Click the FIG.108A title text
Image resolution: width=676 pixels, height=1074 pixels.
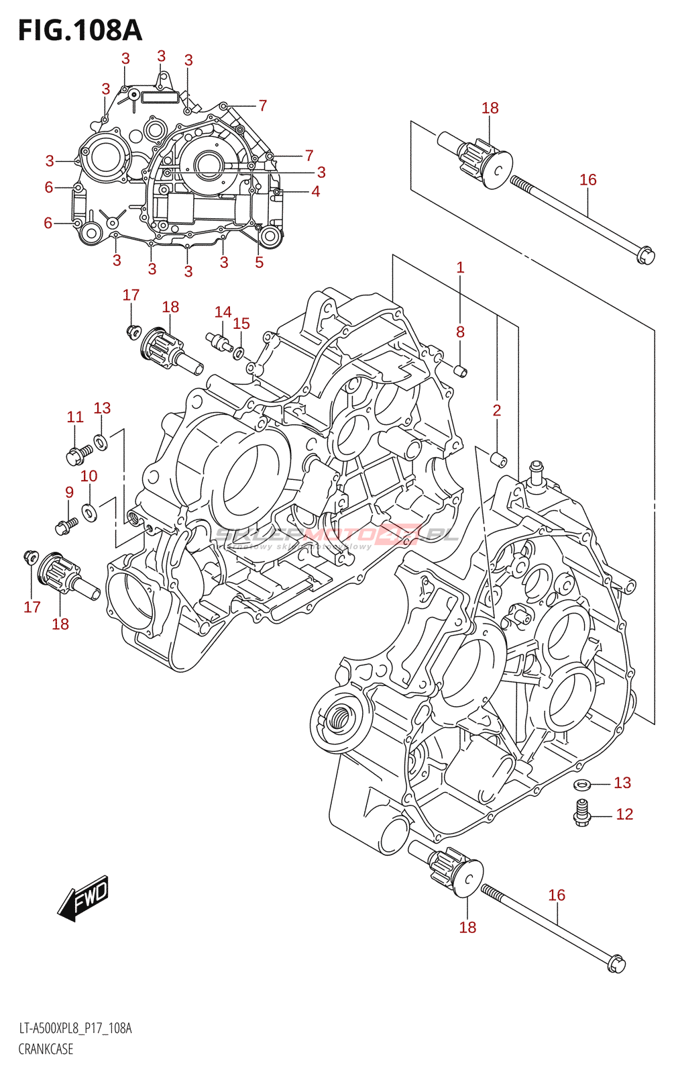[x=80, y=31]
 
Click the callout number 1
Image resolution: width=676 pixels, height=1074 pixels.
[x=460, y=267]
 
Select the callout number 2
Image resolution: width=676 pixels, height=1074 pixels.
[x=496, y=410]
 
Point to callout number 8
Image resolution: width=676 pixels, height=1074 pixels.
[x=460, y=332]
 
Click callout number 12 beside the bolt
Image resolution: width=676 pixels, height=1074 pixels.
[x=624, y=814]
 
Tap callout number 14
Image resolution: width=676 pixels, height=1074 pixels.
[x=223, y=311]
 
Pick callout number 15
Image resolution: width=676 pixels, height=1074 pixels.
[x=241, y=324]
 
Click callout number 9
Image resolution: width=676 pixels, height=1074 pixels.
[x=69, y=492]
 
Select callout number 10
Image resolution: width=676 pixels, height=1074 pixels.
[x=89, y=476]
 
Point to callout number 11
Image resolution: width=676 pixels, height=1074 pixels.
[x=75, y=417]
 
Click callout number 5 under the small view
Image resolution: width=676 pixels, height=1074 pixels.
[x=260, y=262]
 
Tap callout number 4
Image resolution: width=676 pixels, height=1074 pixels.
[x=315, y=191]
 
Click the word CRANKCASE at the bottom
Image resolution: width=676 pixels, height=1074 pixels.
[x=46, y=1049]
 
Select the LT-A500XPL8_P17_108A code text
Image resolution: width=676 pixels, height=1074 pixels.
[x=75, y=1028]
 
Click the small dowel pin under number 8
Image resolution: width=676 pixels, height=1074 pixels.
[x=460, y=371]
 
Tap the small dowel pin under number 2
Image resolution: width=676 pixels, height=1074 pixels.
[x=499, y=460]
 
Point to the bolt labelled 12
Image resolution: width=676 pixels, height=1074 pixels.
[x=581, y=812]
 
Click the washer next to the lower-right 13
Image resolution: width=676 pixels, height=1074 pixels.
[x=582, y=784]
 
